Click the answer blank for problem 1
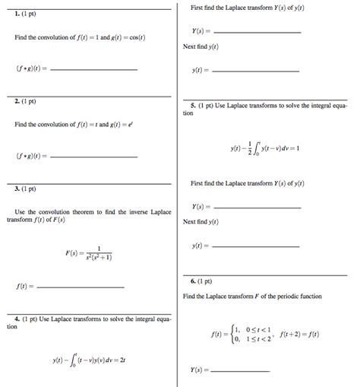(x=92, y=69)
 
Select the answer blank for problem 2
(x=92, y=157)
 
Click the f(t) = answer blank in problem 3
(x=81, y=287)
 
